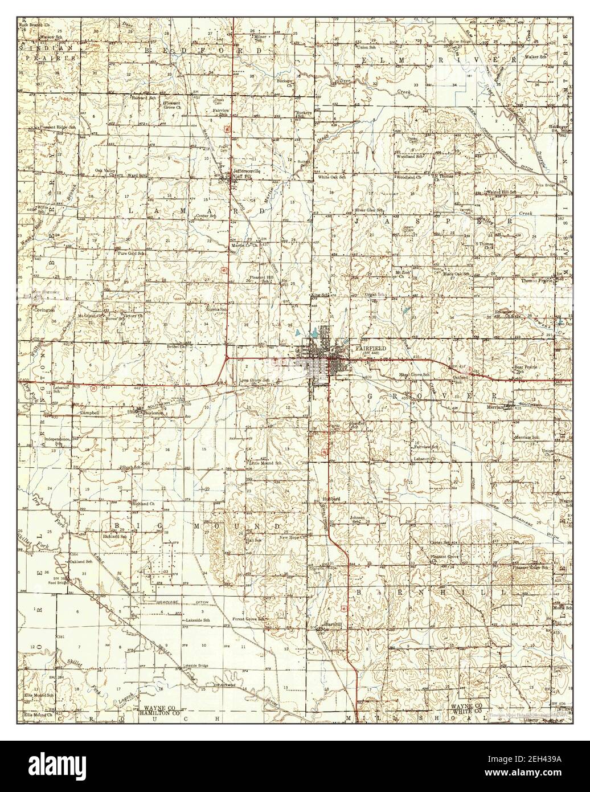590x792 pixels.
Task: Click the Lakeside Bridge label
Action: click(x=195, y=666)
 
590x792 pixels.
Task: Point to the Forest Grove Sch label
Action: click(x=248, y=619)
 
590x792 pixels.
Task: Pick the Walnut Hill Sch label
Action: click(x=501, y=192)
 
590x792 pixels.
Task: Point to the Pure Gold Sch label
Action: click(x=131, y=253)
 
